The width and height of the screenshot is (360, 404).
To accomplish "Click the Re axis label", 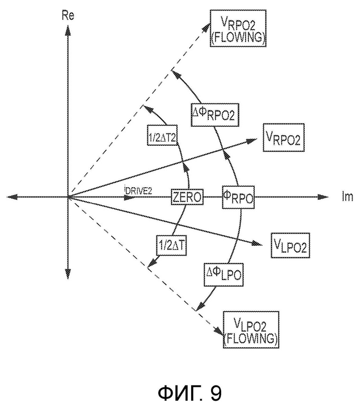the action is coord(68,16).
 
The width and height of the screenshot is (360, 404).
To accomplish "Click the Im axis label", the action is coord(347,197).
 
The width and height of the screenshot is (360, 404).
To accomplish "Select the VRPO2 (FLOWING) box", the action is coord(238,28).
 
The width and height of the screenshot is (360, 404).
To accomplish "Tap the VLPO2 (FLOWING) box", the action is coord(251,330).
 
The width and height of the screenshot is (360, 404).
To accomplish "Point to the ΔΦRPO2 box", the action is coord(215,115).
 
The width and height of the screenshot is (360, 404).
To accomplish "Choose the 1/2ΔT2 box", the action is coord(162,135).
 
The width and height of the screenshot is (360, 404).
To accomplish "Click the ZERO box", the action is coord(187,197).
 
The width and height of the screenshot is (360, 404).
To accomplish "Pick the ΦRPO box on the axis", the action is coord(238,197).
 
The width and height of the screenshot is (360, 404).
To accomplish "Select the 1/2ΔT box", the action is coord(172,245).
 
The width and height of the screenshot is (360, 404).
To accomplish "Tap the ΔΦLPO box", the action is coord(223,274).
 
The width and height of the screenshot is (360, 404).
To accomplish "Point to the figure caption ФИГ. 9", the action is coord(190,392).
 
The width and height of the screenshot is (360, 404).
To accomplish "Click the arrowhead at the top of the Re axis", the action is coord(67,30).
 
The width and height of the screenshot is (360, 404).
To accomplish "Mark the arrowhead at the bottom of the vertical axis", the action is coord(67,274).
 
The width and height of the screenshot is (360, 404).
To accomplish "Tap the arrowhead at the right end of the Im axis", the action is coord(323,197).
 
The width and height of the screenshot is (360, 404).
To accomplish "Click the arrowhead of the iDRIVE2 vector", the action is coord(129,197).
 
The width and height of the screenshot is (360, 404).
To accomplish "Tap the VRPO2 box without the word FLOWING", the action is coord(284,137).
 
